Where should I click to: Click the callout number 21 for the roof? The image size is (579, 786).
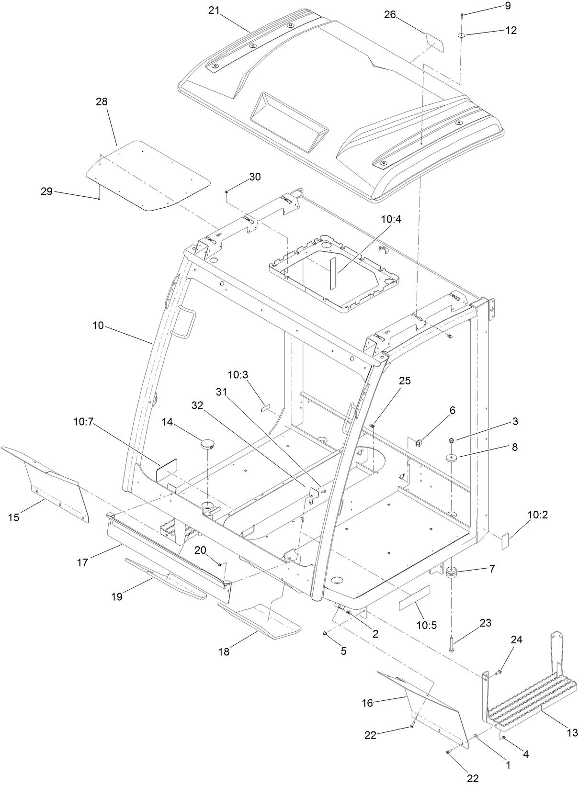click(x=214, y=11)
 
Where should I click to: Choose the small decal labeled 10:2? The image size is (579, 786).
click(x=505, y=541)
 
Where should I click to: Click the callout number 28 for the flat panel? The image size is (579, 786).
click(x=102, y=101)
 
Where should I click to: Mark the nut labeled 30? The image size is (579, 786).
click(x=227, y=192)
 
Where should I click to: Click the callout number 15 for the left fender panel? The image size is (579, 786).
click(x=13, y=517)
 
